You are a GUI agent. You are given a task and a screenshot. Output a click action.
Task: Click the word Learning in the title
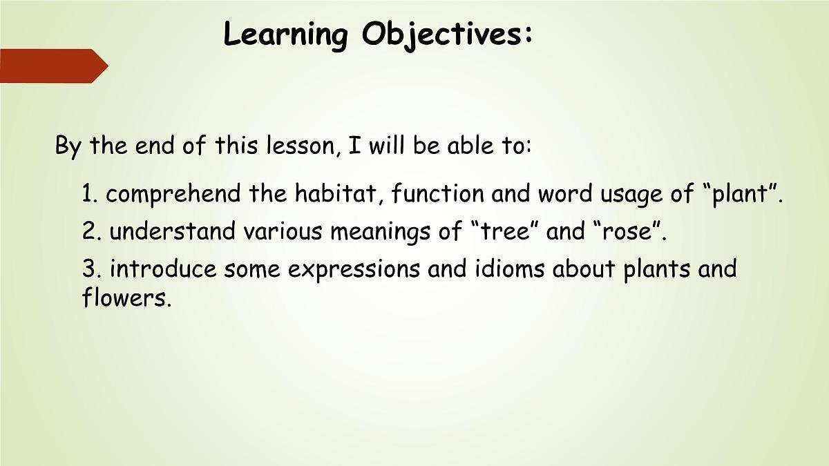[x=285, y=35]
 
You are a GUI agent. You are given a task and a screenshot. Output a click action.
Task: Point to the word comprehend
[x=175, y=195]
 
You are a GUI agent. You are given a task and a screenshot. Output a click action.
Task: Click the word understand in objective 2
[x=173, y=232]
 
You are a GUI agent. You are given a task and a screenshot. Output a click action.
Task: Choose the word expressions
[x=354, y=269]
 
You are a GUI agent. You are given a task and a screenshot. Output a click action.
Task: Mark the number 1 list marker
[x=88, y=195]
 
